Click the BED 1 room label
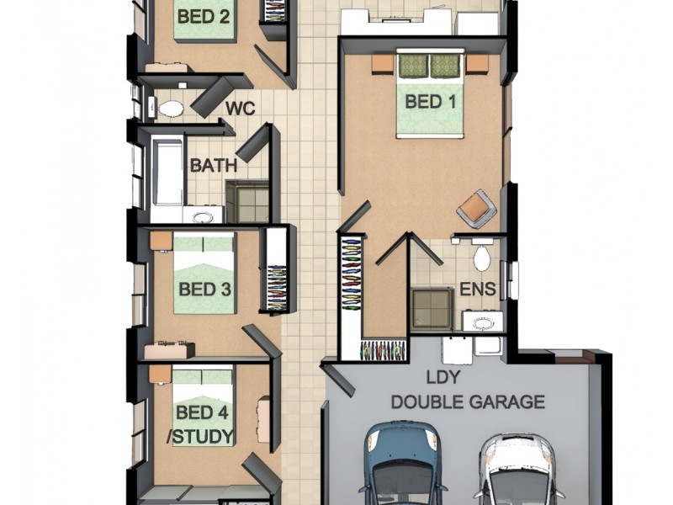click(x=430, y=102)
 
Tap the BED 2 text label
click(x=203, y=14)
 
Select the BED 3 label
click(x=204, y=290)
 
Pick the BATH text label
click(x=213, y=165)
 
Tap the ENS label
click(x=477, y=290)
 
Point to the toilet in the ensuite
click(x=482, y=258)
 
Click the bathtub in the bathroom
click(x=168, y=173)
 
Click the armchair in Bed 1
click(x=475, y=207)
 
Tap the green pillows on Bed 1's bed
click(x=430, y=64)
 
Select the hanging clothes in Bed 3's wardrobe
click(x=275, y=279)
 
